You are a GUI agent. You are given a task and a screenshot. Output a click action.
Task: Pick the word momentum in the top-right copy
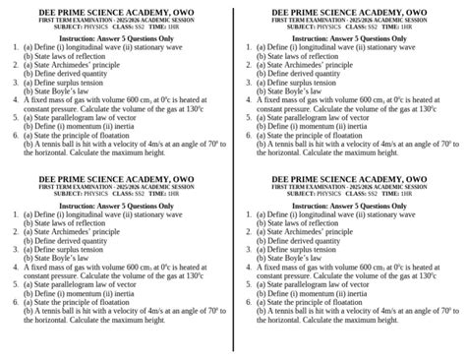329,126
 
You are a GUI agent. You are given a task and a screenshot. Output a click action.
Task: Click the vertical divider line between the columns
233,177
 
